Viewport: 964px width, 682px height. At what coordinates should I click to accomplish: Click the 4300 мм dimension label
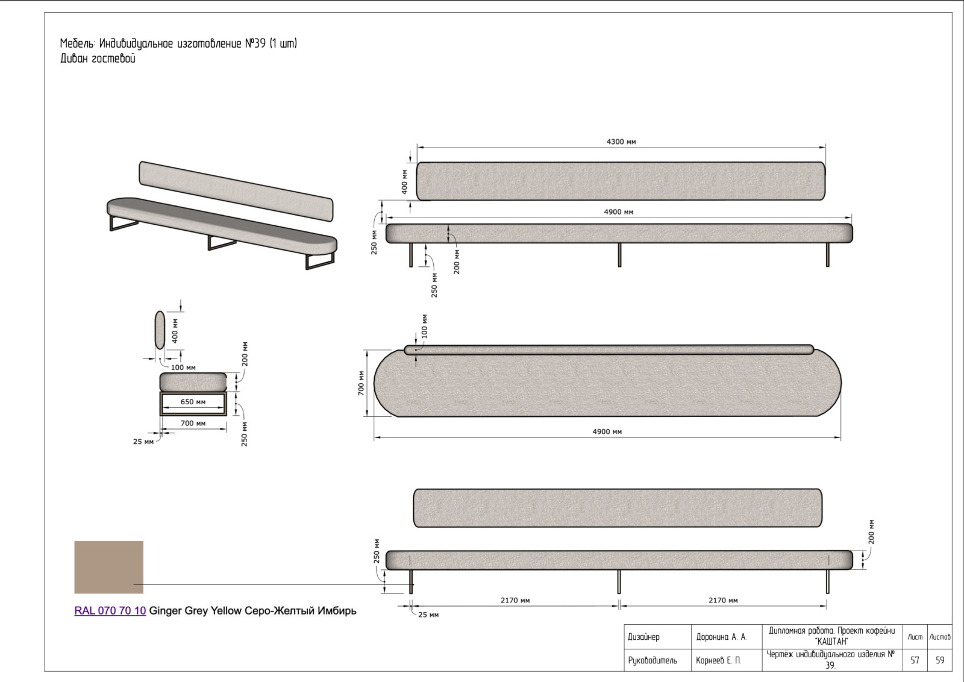(x=621, y=142)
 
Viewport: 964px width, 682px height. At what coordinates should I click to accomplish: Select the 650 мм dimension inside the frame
(x=193, y=402)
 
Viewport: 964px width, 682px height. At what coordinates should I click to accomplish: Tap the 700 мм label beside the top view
(x=361, y=383)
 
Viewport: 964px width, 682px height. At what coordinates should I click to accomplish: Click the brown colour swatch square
(x=109, y=567)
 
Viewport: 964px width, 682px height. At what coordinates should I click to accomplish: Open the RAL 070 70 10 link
(x=110, y=610)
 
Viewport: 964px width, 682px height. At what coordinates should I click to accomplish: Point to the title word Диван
(x=74, y=58)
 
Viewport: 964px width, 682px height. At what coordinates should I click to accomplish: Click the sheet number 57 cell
(x=915, y=660)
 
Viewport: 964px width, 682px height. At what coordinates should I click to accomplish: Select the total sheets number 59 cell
(x=939, y=660)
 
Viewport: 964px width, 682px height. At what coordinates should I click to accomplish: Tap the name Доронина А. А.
(x=722, y=637)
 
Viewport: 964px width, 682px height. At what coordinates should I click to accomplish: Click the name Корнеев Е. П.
(x=718, y=660)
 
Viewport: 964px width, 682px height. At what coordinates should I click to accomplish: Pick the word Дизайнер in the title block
(x=643, y=637)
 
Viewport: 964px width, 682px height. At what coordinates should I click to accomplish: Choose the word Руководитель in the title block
(x=653, y=660)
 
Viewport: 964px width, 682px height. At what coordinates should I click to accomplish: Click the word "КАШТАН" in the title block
(x=832, y=642)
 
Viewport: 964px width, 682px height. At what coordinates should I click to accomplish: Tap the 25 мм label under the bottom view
(x=428, y=615)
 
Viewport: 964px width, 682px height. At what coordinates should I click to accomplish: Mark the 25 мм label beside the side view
(x=143, y=442)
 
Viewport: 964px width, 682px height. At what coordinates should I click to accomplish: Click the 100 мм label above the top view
(x=424, y=326)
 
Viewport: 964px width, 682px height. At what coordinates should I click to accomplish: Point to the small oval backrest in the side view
(x=160, y=330)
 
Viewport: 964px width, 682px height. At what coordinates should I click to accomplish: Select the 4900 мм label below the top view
(x=607, y=431)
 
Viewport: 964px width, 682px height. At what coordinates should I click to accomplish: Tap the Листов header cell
(x=939, y=637)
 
